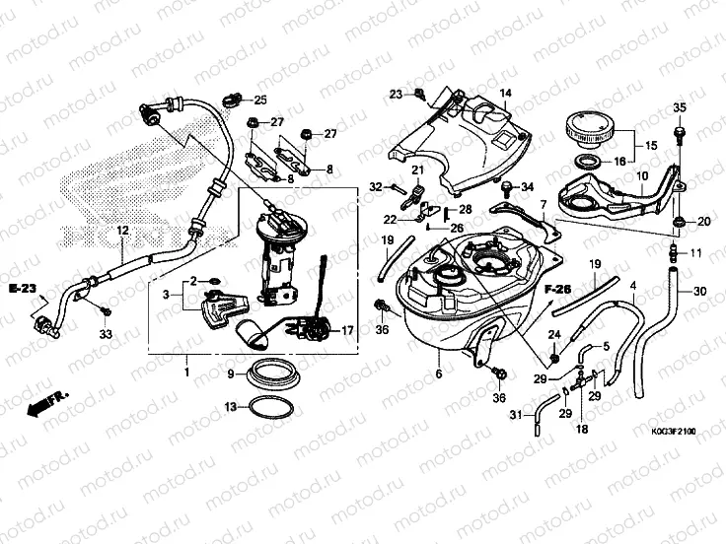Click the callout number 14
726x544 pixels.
click(x=504, y=94)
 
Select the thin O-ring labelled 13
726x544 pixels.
click(x=267, y=406)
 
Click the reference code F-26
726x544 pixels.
click(x=558, y=289)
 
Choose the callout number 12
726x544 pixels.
click(x=123, y=231)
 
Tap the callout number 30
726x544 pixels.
click(x=700, y=292)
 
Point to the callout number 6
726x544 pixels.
click(x=437, y=374)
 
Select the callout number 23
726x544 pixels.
click(x=396, y=95)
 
